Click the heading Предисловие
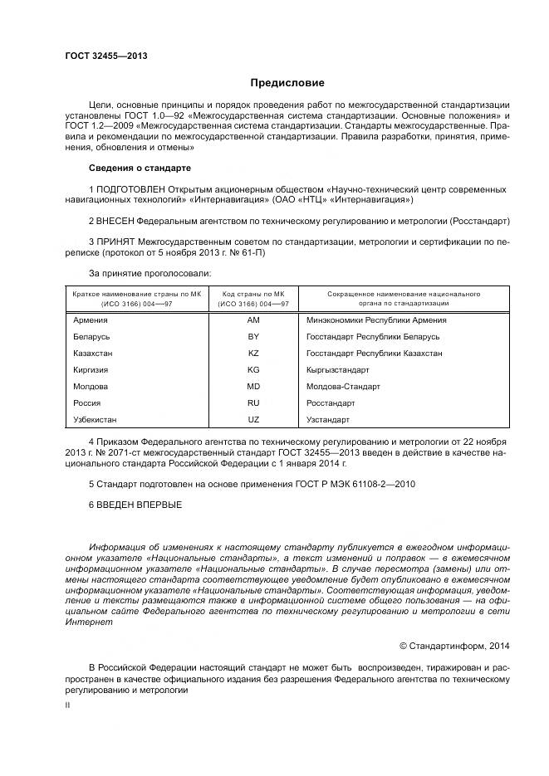pos(287,83)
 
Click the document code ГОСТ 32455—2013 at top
pos(105,56)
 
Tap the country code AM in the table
pos(253,320)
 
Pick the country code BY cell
pos(253,336)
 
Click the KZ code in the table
pos(253,353)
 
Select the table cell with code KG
pos(253,369)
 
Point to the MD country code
pos(253,386)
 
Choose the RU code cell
pos(253,403)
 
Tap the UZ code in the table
pos(253,419)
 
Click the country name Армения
pos(90,320)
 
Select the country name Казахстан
pos(93,353)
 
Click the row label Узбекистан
pos(95,419)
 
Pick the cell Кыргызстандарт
pos(338,369)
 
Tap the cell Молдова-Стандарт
pos(343,386)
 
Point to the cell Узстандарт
pos(328,419)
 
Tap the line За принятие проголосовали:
pos(150,272)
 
